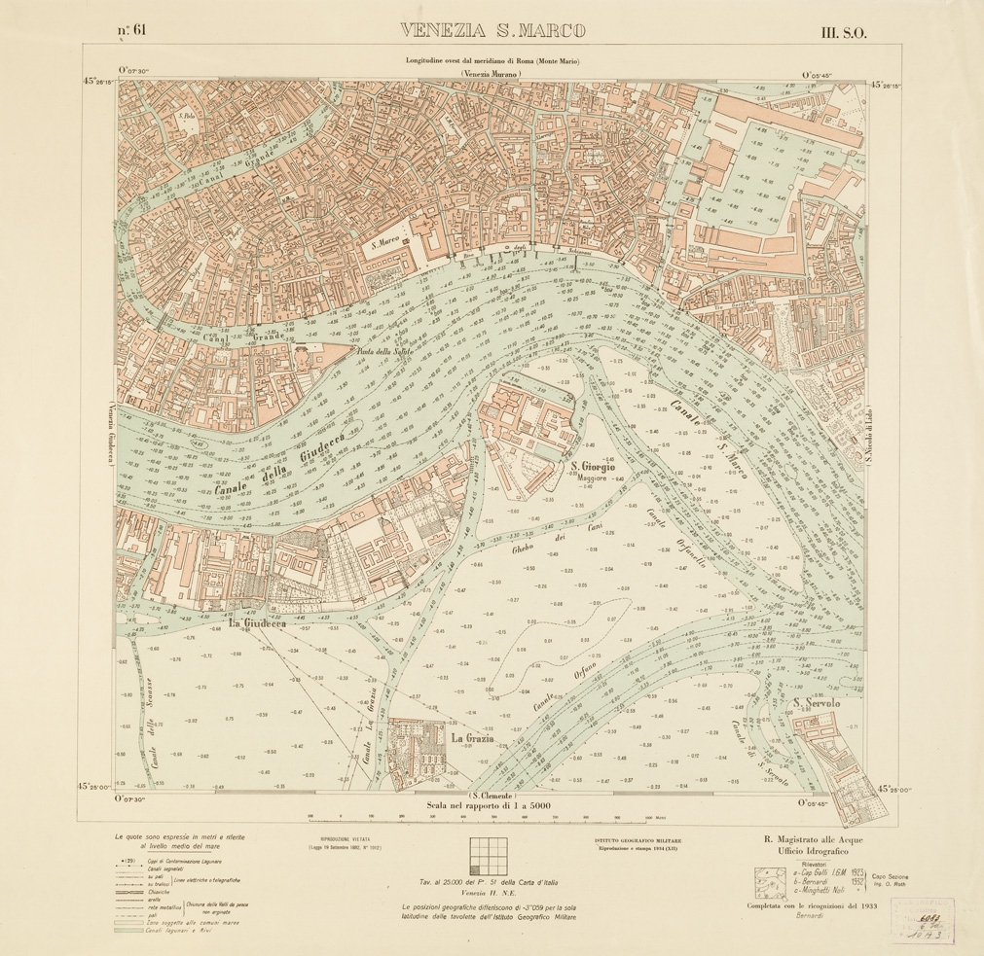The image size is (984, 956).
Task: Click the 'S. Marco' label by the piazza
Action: click(386, 248)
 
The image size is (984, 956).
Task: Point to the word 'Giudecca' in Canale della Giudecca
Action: click(316, 448)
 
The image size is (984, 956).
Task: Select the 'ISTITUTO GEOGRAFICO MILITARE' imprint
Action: click(638, 838)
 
